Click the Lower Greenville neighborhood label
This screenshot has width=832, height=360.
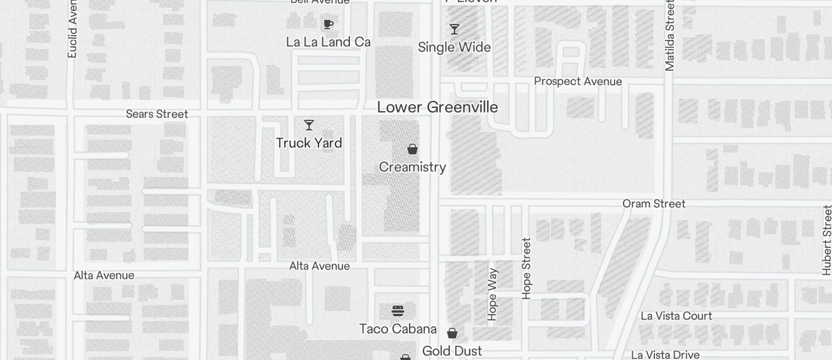(x=437, y=108)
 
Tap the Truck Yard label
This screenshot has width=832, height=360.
(x=308, y=143)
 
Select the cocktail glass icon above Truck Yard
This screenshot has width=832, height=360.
(x=309, y=125)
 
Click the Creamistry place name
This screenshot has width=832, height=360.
(x=412, y=167)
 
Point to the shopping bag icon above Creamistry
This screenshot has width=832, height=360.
(x=412, y=149)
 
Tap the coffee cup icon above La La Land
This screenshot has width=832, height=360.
(x=328, y=24)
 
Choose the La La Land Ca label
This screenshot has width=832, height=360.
(x=328, y=42)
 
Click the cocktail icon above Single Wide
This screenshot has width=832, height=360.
(x=455, y=29)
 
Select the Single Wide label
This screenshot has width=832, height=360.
(x=455, y=47)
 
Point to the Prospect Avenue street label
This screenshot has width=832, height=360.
(x=578, y=81)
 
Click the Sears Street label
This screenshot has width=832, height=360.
(x=157, y=114)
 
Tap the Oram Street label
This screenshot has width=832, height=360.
(x=654, y=204)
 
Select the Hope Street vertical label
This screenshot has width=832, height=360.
(x=526, y=268)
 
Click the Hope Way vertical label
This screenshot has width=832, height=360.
(x=492, y=294)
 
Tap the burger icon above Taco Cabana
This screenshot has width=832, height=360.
(x=398, y=310)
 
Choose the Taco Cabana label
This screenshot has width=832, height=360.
(x=398, y=329)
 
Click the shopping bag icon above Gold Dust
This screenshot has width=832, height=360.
(x=452, y=333)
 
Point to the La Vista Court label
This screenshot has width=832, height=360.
(x=676, y=316)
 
